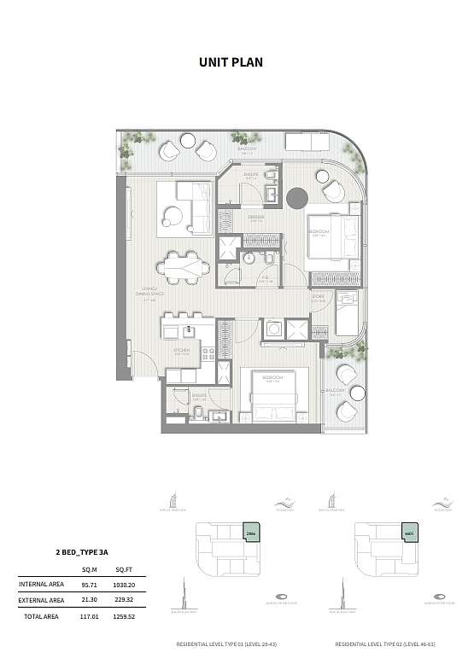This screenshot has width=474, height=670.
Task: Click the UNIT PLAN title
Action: coord(231,61)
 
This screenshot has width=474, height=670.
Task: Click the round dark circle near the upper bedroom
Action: coord(296,198)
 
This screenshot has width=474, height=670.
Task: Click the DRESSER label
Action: coord(256,218)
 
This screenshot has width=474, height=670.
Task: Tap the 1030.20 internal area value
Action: coord(126,586)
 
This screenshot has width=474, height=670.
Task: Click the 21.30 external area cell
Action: coord(88,601)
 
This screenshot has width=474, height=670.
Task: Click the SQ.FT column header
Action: coord(122,571)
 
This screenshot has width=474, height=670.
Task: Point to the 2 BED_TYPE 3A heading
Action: coord(81,554)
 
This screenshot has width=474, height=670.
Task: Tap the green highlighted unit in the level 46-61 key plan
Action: coord(409,533)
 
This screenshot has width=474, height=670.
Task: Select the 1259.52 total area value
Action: coord(125,616)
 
